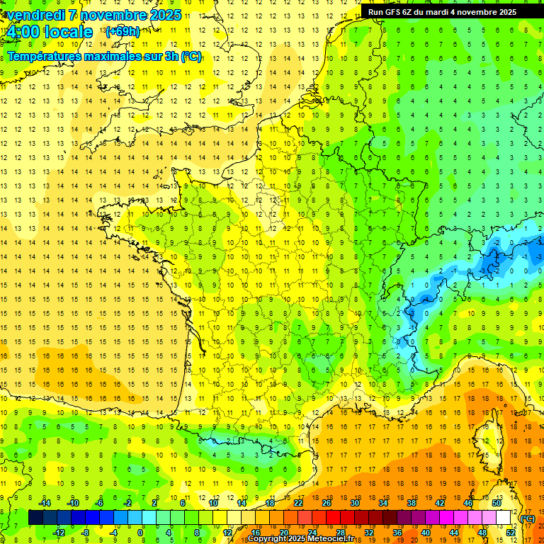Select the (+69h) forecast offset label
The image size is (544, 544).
122,31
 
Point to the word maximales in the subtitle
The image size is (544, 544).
117,56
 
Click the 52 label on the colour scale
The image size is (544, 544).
511,533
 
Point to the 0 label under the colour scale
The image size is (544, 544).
140,533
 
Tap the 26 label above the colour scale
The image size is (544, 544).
327,503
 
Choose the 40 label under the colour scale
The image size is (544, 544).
426,533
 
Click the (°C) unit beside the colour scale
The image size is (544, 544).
528,518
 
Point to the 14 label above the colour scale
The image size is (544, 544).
242,503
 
